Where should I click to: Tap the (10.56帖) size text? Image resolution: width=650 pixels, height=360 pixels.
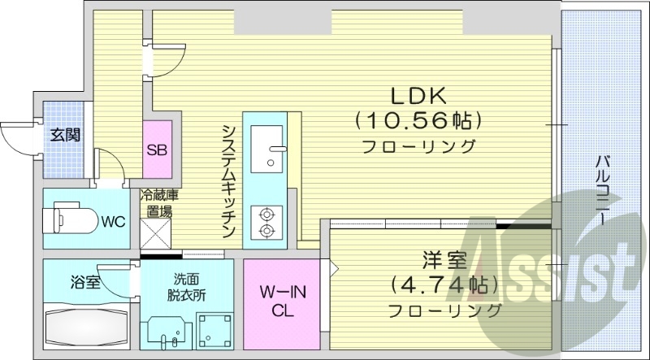pyautogui.click(x=418, y=120)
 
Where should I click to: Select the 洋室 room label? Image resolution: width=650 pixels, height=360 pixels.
pyautogui.click(x=444, y=262)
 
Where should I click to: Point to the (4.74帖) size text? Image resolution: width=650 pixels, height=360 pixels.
pyautogui.click(x=444, y=286)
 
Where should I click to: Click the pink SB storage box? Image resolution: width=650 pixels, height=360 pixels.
pyautogui.click(x=158, y=150)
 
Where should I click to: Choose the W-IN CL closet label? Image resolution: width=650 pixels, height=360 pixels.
pyautogui.click(x=281, y=300)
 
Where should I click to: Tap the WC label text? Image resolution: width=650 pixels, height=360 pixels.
pyautogui.click(x=112, y=221)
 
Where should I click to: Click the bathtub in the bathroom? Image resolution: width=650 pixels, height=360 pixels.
pyautogui.click(x=84, y=329)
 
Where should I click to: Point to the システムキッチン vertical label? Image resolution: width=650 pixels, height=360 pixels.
pyautogui.click(x=230, y=180)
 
